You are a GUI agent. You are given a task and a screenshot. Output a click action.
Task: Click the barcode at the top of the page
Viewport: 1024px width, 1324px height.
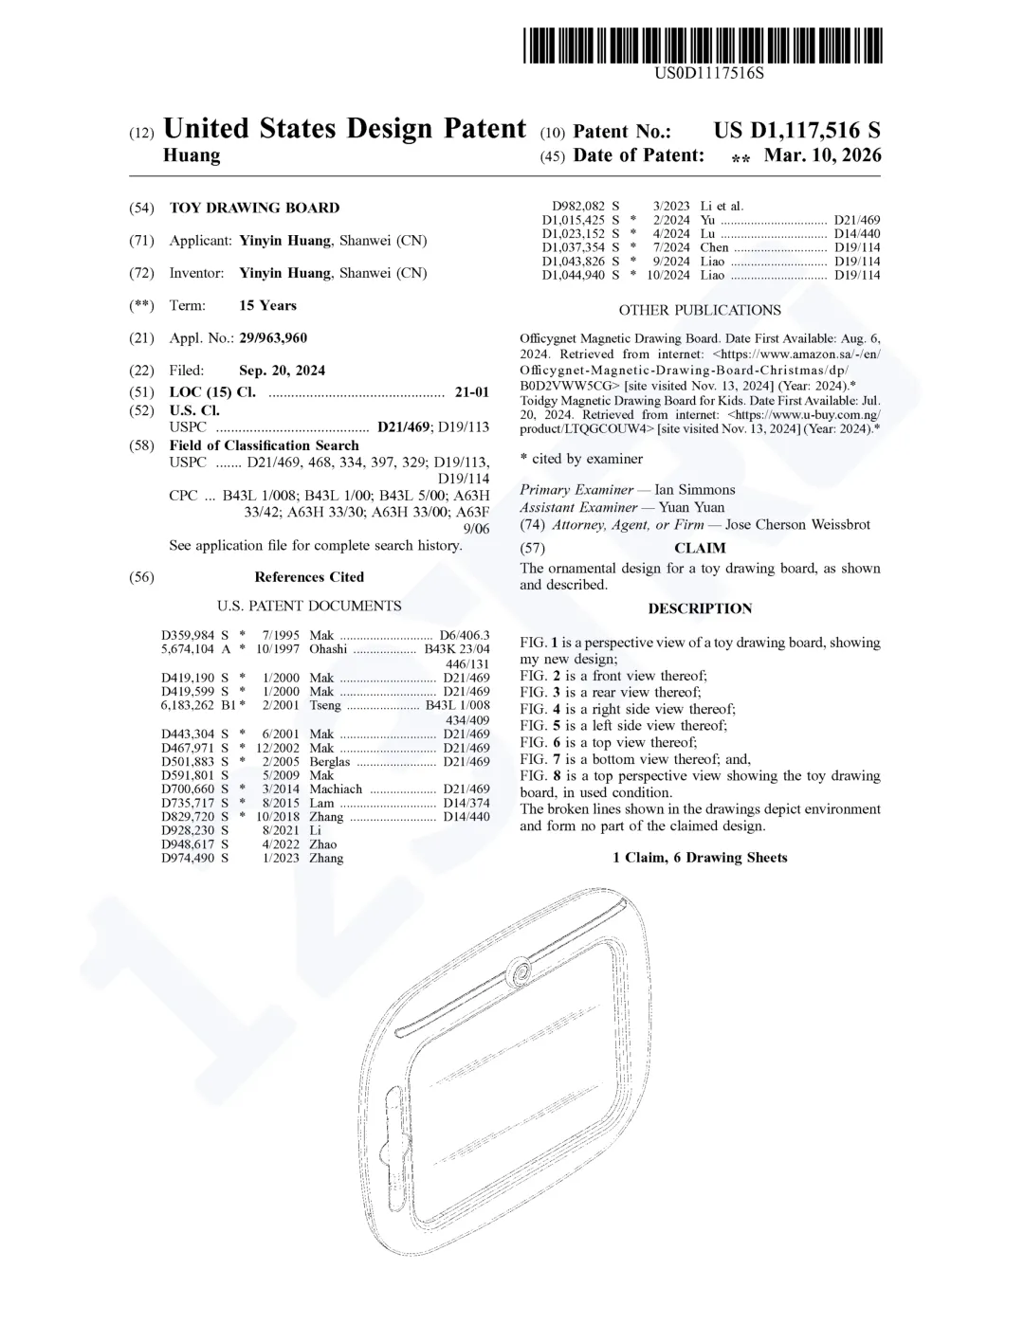pos(702,45)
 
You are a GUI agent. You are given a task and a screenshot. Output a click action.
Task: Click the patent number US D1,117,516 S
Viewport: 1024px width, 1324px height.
pos(796,131)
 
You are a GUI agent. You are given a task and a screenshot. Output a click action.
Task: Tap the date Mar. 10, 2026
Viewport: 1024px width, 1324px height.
pos(822,155)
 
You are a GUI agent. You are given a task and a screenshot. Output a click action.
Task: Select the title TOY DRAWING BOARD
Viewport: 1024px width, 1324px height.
pos(254,208)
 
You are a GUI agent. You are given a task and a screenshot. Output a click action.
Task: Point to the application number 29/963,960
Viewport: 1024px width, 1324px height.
pos(273,338)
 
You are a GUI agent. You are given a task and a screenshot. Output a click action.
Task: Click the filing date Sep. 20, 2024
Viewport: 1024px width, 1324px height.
pos(282,371)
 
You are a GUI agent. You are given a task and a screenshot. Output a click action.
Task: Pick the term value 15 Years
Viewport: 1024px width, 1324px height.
pos(267,305)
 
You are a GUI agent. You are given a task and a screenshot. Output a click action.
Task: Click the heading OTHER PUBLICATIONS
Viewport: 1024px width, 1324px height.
pos(700,310)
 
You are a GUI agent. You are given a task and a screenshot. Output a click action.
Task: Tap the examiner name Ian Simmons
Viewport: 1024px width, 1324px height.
pos(695,490)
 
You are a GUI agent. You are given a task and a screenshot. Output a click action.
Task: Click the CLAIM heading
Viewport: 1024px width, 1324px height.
pos(700,548)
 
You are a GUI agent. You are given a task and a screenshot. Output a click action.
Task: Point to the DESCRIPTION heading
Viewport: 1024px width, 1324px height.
pos(700,608)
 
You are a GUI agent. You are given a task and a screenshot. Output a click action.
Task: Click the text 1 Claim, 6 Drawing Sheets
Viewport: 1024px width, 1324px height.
pos(700,858)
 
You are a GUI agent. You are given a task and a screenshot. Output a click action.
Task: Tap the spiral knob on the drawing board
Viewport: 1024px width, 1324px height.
pos(519,970)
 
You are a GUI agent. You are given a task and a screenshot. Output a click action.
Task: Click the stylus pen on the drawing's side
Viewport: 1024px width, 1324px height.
pos(393,1136)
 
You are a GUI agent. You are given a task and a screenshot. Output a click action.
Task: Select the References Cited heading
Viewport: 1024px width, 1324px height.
pos(309,577)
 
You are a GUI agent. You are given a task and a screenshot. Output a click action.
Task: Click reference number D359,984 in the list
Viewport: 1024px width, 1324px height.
pos(188,635)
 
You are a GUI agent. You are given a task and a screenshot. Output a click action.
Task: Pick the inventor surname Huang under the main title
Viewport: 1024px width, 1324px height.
pos(192,155)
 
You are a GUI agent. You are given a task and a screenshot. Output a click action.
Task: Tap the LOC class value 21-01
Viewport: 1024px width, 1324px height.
pos(471,392)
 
